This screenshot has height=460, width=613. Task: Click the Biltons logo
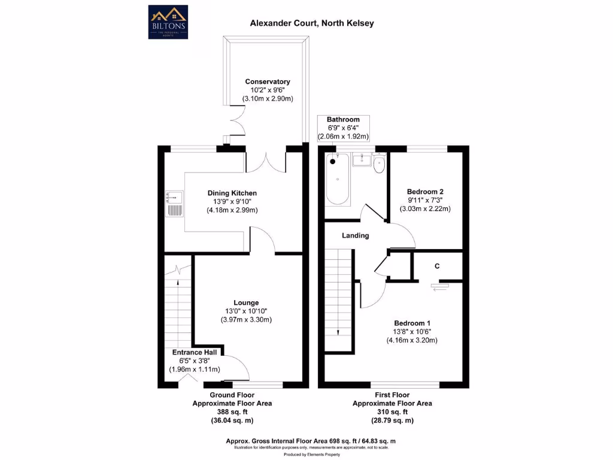pos(168,22)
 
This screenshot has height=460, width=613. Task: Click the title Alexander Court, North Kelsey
pos(312,23)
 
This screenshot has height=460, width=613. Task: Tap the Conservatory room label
pos(268,81)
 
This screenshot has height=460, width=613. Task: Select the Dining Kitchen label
pos(232,193)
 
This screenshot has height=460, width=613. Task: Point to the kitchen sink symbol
pos(174,203)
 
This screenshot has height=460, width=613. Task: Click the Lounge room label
pos(247,302)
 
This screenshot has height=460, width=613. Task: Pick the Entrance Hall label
pos(196,352)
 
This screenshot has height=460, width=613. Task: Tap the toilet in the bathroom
pos(378,164)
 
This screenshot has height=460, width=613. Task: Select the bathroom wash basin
pos(362,160)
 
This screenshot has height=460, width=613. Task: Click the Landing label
pos(355,235)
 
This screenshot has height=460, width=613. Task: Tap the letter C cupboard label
pos(437,266)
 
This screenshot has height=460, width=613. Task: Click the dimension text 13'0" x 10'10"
pos(247,311)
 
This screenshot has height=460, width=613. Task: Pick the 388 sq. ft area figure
pos(232,412)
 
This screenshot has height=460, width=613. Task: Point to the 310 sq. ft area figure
pos(392,412)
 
